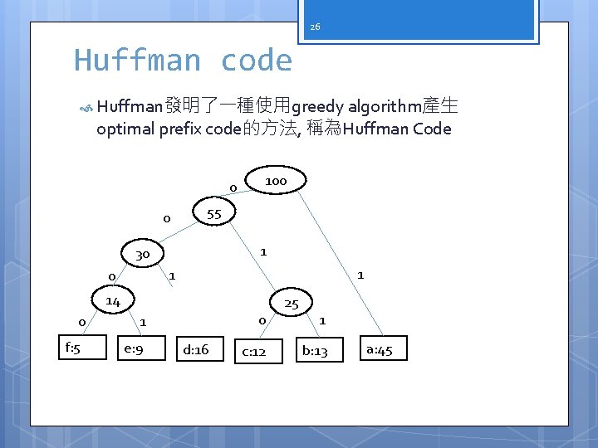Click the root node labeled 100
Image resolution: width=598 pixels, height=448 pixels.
click(277, 181)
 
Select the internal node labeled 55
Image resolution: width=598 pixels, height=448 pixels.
click(214, 213)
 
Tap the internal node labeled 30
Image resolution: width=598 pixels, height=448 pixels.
click(143, 254)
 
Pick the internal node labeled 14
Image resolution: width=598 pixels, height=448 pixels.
click(113, 301)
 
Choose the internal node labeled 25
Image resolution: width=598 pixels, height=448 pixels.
click(291, 304)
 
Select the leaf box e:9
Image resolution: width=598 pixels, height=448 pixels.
click(133, 349)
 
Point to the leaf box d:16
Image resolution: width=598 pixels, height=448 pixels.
click(197, 349)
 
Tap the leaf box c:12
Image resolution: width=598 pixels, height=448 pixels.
click(254, 351)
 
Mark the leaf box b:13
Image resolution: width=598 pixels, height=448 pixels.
click(315, 351)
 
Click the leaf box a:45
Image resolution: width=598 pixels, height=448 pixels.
click(379, 349)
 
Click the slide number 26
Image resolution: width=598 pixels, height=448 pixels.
click(315, 27)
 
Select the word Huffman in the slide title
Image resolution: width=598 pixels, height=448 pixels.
click(137, 61)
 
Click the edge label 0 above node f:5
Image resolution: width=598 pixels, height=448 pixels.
click(81, 322)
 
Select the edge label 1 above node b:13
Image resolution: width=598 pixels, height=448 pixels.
click(322, 320)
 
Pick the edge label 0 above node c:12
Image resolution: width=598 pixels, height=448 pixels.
click(262, 320)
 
